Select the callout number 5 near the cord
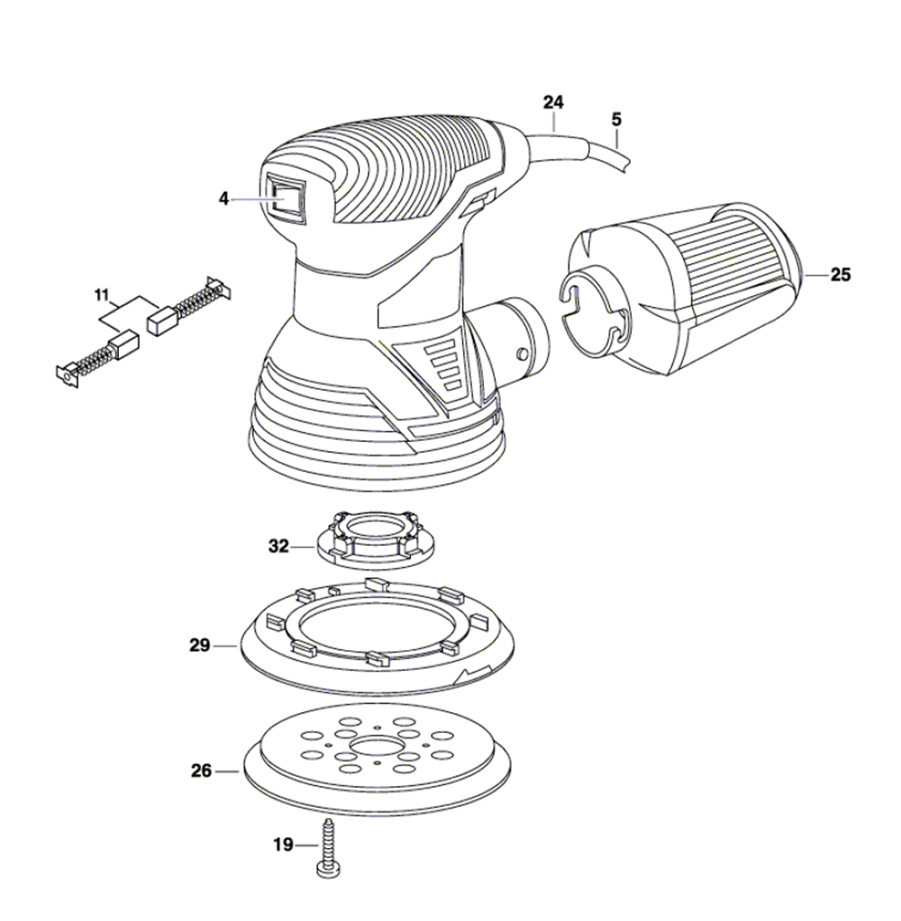(x=616, y=118)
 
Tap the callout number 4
(x=224, y=199)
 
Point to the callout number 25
(x=840, y=275)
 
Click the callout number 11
(x=101, y=294)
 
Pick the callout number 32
(x=278, y=545)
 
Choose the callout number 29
(x=199, y=645)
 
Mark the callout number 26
(x=201, y=771)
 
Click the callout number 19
(x=284, y=844)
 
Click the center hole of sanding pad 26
(x=371, y=748)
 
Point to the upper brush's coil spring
(x=199, y=301)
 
